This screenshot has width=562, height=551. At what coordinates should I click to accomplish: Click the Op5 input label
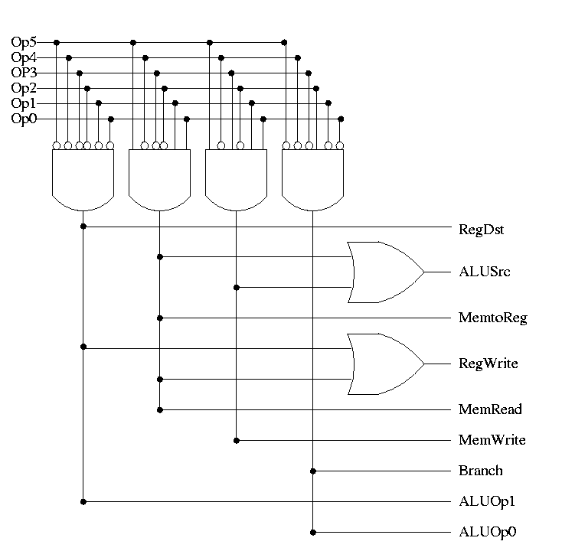pos(24,42)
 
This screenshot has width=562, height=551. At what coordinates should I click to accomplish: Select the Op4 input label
pos(24,57)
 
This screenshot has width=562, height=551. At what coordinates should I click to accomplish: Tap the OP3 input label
pos(24,73)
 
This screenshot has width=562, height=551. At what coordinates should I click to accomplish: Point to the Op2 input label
pos(24,88)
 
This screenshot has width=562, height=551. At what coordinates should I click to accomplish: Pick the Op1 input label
pos(24,103)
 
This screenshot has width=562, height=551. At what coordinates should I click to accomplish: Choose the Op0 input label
pos(24,119)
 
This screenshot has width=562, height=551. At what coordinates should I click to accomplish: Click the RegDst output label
pos(481,228)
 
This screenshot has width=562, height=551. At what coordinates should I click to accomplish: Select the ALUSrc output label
pos(480,272)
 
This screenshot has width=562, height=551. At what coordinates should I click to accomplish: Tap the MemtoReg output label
pos(492,318)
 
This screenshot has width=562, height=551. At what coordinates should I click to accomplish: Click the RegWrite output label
pos(488,364)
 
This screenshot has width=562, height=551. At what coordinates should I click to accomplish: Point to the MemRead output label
pos(490,409)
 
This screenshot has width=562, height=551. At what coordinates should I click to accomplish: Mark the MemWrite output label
pos(492,440)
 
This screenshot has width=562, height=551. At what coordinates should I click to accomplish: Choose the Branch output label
pos(480,471)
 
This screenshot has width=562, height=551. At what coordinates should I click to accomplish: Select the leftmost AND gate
pos(83,178)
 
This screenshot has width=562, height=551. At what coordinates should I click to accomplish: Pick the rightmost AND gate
pos(312,178)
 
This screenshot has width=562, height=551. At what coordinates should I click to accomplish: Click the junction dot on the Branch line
pos(312,471)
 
